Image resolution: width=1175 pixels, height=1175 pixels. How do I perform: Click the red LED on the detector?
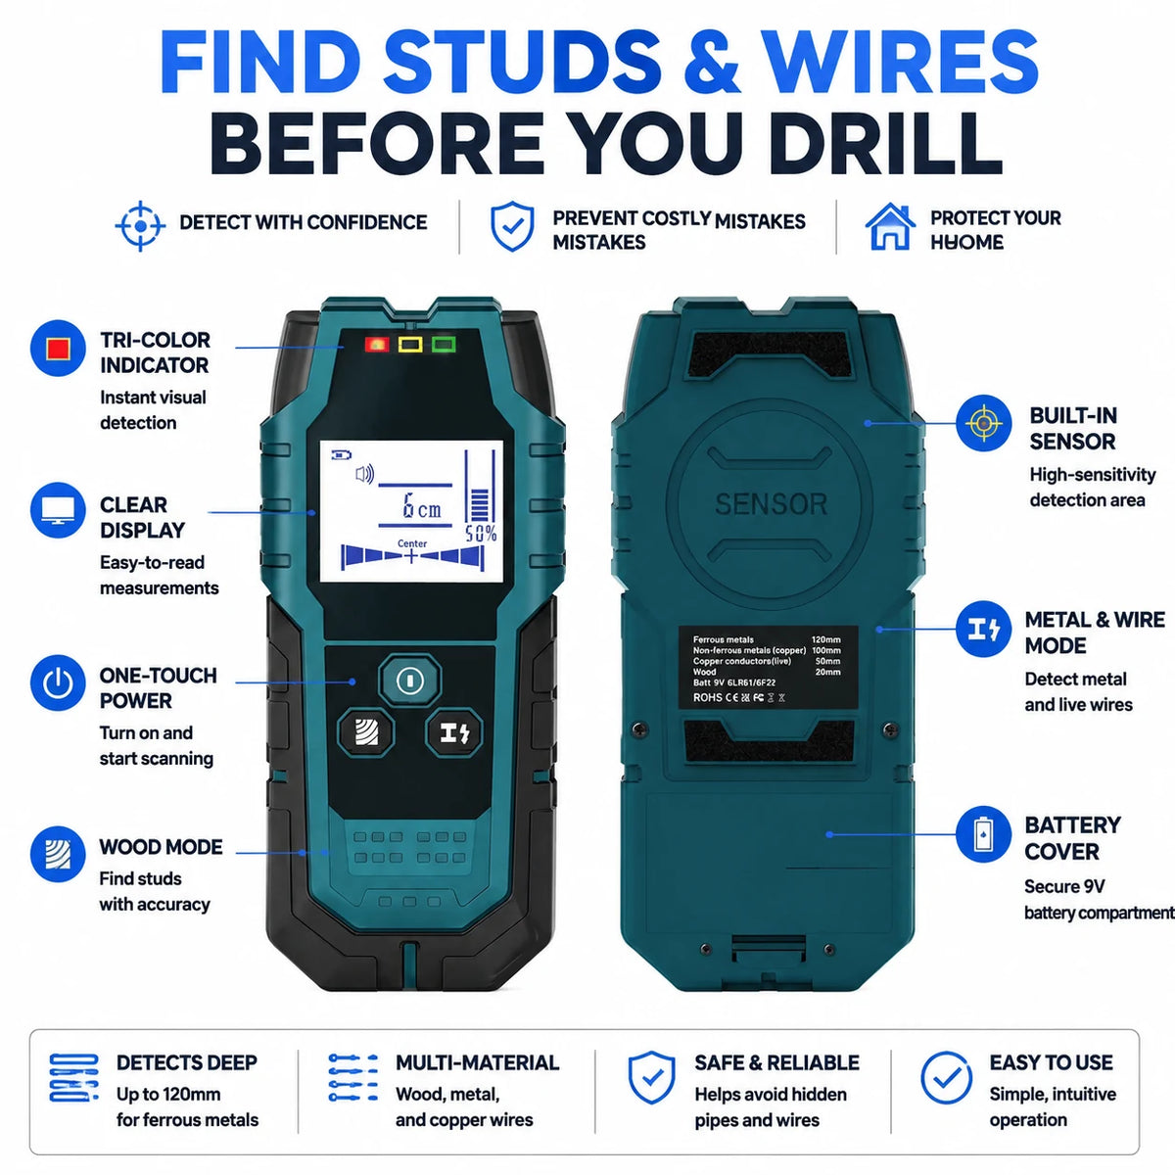click(377, 345)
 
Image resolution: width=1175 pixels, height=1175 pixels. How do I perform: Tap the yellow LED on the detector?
click(410, 345)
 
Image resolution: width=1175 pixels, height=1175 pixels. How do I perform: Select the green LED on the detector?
click(444, 345)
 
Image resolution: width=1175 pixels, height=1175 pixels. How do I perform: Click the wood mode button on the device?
click(366, 731)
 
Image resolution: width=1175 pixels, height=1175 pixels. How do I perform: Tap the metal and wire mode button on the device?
click(454, 731)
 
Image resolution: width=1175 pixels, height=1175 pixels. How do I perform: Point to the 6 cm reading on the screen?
click(421, 506)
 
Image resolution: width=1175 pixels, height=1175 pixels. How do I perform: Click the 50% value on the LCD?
click(481, 535)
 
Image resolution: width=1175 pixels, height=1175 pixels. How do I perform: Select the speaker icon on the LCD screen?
click(364, 474)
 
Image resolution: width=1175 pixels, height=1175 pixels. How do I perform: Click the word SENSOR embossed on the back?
click(771, 504)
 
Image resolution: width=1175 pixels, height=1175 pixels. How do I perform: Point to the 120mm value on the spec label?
click(825, 639)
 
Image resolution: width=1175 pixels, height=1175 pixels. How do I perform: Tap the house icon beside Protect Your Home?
click(890, 226)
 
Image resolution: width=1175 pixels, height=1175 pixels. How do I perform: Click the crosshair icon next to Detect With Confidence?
click(140, 226)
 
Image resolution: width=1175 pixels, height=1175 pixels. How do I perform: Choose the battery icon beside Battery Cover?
click(983, 834)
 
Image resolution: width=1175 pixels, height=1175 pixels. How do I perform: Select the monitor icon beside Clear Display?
click(58, 510)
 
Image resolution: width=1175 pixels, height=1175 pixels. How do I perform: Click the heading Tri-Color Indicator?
click(155, 352)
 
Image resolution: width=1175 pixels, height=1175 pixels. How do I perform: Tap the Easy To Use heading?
click(1052, 1062)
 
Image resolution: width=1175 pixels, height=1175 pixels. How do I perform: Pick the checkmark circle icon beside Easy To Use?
click(946, 1078)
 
